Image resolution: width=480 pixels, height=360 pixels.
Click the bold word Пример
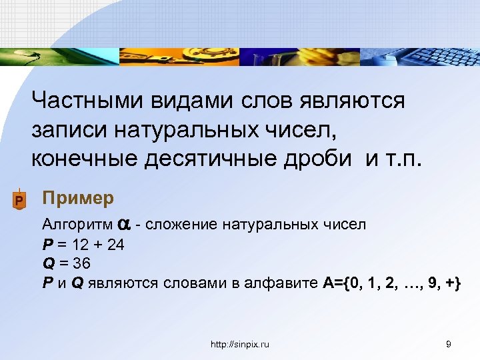point(78,199)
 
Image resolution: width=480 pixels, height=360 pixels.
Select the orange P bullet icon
point(19,200)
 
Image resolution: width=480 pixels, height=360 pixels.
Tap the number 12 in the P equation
point(82,244)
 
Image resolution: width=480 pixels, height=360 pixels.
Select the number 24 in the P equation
point(116,244)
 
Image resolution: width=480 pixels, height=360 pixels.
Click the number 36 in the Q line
point(83,263)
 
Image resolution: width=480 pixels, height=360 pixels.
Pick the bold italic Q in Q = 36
point(47,263)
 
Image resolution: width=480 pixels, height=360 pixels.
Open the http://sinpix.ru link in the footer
point(239,344)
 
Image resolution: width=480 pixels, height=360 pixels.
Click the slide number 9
point(449,344)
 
